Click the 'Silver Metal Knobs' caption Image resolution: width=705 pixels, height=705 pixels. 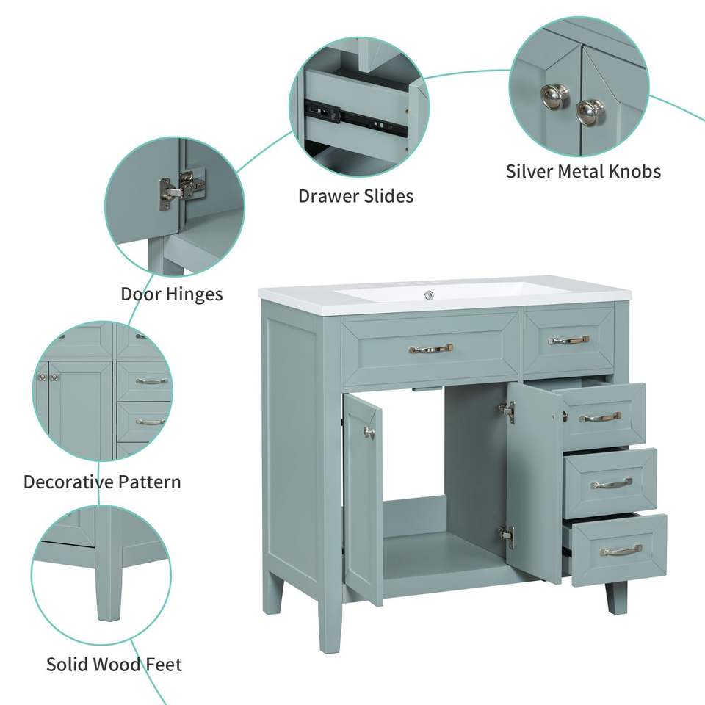[x=583, y=171]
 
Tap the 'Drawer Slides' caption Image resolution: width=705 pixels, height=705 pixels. [x=355, y=196]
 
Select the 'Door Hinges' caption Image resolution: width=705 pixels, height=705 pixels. [x=172, y=294]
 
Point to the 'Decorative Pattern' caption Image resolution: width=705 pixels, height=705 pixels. [x=102, y=482]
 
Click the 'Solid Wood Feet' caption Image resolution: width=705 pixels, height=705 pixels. [x=115, y=665]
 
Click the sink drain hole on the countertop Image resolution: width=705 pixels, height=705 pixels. [x=428, y=295]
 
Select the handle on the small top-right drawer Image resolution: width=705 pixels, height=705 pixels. [x=568, y=340]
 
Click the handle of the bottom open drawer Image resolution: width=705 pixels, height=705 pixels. [x=622, y=550]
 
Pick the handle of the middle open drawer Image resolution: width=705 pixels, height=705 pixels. [x=612, y=484]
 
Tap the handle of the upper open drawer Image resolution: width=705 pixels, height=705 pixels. [x=600, y=418]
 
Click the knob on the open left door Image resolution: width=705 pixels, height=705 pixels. [x=369, y=433]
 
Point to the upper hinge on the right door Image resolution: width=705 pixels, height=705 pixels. [x=507, y=411]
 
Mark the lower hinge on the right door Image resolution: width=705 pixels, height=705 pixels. [x=507, y=536]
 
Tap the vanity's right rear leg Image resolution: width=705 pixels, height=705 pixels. [x=616, y=597]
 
